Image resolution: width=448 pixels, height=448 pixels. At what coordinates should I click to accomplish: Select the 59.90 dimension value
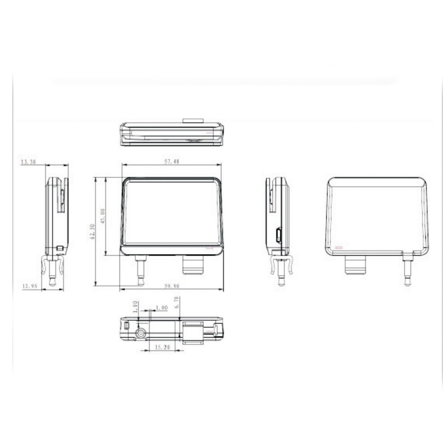(172, 285)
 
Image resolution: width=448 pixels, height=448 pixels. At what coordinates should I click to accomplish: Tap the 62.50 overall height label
(92, 232)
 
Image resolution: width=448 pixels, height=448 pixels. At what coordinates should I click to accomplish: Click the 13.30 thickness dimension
(28, 162)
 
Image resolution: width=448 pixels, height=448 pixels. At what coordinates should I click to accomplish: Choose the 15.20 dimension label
(161, 347)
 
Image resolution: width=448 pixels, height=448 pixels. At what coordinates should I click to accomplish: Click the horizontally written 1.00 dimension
(161, 308)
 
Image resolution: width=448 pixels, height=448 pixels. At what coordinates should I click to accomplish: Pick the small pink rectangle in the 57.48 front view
(209, 247)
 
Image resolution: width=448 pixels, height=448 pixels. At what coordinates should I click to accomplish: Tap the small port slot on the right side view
(278, 234)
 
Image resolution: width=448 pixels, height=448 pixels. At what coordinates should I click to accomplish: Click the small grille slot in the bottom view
(127, 326)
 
